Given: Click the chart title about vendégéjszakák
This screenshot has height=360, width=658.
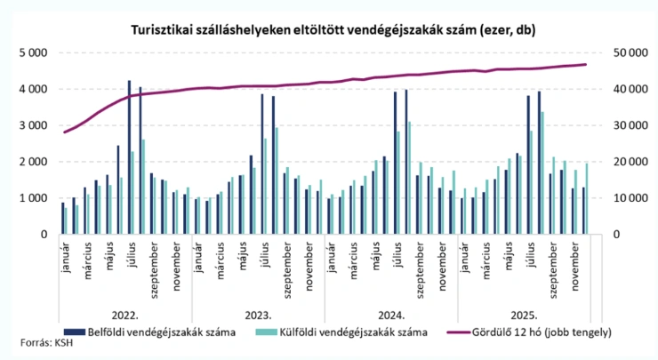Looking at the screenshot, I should (x=328, y=29).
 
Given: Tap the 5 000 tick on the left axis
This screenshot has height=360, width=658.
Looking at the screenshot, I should (x=32, y=52).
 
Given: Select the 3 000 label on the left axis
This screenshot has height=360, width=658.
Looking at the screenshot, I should (x=32, y=125).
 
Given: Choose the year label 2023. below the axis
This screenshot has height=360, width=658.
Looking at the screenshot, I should (x=258, y=315).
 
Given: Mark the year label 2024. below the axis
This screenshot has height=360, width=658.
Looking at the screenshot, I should (x=390, y=315).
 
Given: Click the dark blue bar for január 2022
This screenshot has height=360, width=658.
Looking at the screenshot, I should (x=63, y=218).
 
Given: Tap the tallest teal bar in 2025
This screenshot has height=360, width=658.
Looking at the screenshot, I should (x=542, y=172).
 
